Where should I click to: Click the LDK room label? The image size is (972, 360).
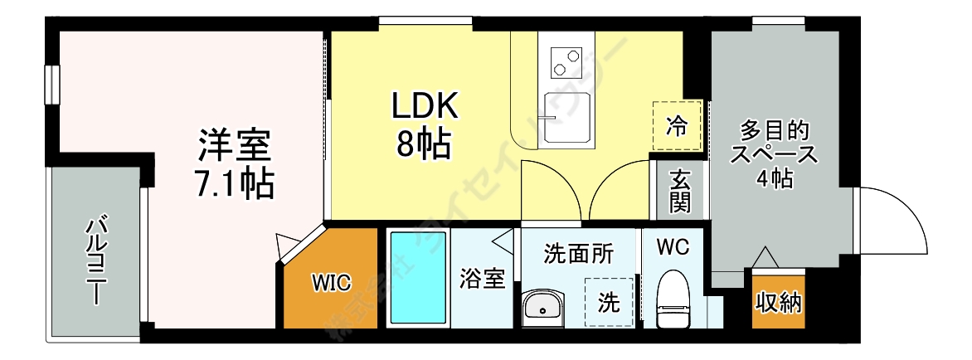point(424,107)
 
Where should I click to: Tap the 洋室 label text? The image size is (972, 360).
point(235,146)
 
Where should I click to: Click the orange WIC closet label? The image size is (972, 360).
point(332,281)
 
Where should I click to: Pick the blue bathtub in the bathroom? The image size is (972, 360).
point(418,279)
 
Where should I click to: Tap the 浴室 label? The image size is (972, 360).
point(482,279)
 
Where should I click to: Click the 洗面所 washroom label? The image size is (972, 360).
point(578,253)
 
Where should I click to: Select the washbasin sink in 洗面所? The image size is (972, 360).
point(543,309)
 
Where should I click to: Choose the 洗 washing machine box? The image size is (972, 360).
point(610,303)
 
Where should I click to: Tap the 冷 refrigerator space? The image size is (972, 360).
point(677,126)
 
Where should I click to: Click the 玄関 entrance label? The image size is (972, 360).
point(680,192)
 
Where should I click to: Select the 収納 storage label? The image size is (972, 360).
point(778,302)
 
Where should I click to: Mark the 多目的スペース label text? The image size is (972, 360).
point(773,143)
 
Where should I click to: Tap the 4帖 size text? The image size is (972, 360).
point(773,178)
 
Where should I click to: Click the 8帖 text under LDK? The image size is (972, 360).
point(424,145)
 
